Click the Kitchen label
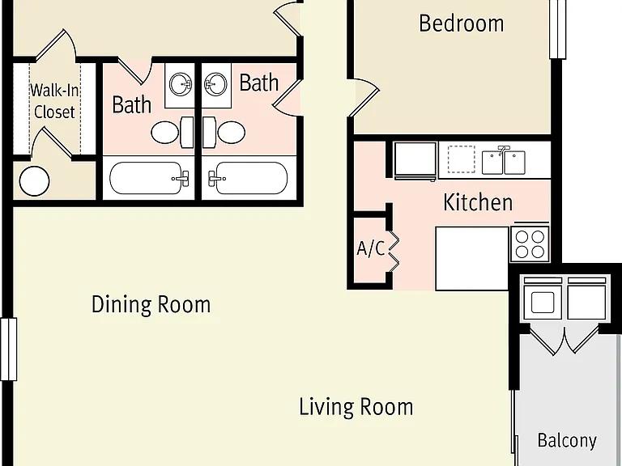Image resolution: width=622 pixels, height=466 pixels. coord(478,202)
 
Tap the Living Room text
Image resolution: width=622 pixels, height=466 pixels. coord(356,407)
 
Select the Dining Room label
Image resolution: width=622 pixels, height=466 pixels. coord(151,305)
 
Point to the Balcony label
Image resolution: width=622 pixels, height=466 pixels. coord(567,441)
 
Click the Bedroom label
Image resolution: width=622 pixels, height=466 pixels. coord(462,23)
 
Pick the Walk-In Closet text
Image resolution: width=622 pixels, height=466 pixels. coord(54,101)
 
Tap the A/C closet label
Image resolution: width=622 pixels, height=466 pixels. coord(371,248)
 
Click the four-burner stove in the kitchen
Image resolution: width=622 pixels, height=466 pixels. coord(530,244)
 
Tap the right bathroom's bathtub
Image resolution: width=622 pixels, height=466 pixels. coord(248,178)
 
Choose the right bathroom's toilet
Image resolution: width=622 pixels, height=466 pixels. coord(224,132)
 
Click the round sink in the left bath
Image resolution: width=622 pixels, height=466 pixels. coord(181,84)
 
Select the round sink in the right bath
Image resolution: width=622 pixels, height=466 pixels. coord(215,84)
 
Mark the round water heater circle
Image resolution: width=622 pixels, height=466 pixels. coord(35,181)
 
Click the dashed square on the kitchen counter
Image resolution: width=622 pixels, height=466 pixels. coord(462,159)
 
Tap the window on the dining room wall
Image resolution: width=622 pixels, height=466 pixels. coord(8,349)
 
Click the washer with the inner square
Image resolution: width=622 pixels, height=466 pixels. coord(543,299)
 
